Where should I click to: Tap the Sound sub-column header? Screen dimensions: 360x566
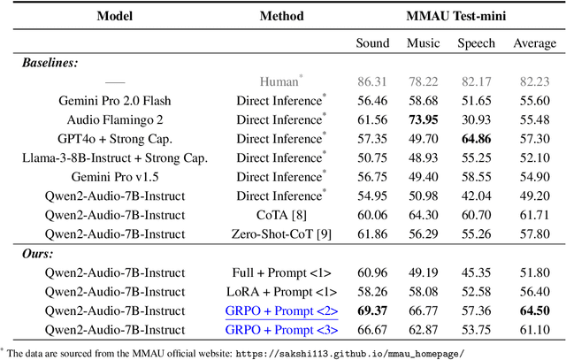pyautogui.click(x=372, y=43)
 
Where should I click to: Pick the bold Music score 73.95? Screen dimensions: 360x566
pyautogui.click(x=423, y=119)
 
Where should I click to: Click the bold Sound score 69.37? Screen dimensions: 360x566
pyautogui.click(x=372, y=310)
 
